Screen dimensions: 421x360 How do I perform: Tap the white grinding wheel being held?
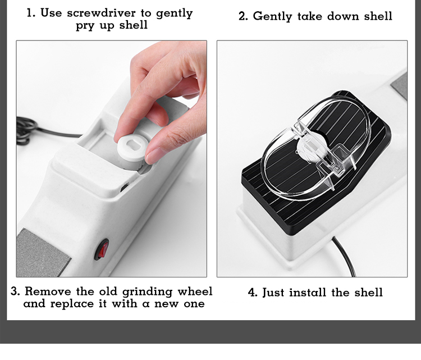pos(131,152)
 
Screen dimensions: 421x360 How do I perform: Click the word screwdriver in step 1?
pos(102,13)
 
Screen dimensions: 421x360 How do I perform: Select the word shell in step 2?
pos(378,16)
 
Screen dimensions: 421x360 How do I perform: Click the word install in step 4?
pos(308,292)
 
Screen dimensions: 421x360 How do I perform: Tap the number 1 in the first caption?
pos(30,13)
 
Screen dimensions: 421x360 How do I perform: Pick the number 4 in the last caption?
pos(253,293)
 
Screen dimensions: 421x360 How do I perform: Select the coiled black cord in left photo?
pos(26,131)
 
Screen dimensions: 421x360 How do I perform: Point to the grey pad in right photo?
pos(399,86)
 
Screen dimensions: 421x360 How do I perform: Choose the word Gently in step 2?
pos(272,17)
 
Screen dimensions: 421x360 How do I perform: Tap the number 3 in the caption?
pos(15,291)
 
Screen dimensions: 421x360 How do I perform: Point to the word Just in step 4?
pos(273,292)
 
